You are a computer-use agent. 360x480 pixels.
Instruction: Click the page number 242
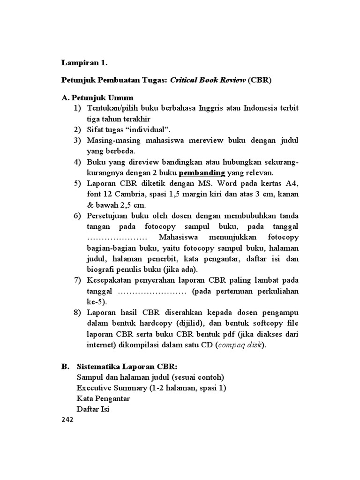click(x=68, y=420)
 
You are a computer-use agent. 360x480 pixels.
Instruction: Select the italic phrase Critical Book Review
click(x=208, y=80)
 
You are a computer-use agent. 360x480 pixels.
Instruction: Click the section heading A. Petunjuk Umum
click(x=97, y=98)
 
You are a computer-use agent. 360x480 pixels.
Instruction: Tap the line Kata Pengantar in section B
click(x=103, y=399)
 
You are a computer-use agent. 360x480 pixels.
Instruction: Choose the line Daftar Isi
click(x=92, y=409)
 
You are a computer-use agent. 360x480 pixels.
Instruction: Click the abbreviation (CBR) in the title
click(x=260, y=80)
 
